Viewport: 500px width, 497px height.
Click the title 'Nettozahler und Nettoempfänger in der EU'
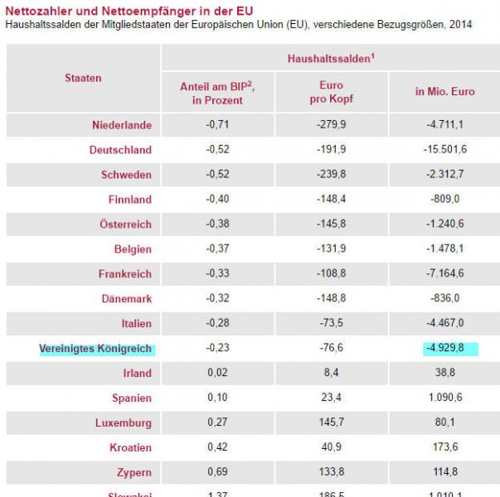point(129,10)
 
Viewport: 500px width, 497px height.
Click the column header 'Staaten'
point(83,78)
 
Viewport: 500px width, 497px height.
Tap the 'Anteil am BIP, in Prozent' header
point(216,93)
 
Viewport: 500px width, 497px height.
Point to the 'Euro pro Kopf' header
point(331,93)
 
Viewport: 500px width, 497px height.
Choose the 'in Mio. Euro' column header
point(444,92)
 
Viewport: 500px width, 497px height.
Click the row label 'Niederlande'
point(122,125)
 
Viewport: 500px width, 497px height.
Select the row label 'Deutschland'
point(120,150)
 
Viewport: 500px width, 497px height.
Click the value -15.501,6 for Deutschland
point(445,150)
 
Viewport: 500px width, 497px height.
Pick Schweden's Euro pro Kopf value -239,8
point(331,175)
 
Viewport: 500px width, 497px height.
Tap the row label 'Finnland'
point(129,200)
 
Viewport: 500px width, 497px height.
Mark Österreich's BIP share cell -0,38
point(216,224)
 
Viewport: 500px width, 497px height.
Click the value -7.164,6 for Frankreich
point(445,274)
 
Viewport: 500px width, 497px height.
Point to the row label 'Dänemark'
point(127,299)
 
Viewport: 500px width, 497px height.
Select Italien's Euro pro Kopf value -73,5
point(331,324)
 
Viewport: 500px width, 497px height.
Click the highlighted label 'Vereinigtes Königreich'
point(95,349)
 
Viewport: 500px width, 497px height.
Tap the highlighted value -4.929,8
point(445,349)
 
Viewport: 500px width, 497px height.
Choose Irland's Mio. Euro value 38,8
point(445,374)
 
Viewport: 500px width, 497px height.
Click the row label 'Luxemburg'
point(123,423)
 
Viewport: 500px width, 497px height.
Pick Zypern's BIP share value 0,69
point(216,473)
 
